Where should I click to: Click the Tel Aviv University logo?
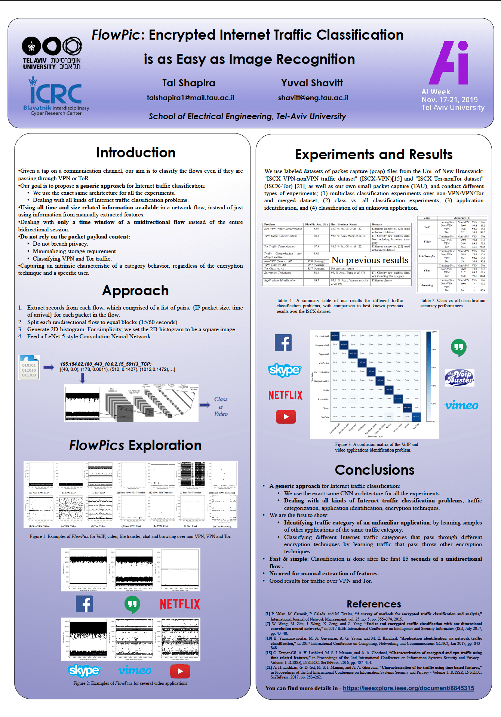[52, 53]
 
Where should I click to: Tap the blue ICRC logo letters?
[56, 93]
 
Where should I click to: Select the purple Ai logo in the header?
[449, 63]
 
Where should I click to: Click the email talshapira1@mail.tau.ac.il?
[190, 98]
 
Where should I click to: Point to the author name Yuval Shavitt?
[312, 83]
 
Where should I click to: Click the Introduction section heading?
[136, 153]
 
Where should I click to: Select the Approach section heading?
[135, 290]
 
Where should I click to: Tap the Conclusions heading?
[374, 470]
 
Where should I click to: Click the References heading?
[374, 604]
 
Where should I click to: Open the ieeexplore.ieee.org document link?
[408, 688]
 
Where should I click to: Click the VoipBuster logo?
[459, 378]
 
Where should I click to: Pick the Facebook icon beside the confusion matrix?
[283, 342]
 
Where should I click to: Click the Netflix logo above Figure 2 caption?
[180, 604]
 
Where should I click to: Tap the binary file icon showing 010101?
[29, 367]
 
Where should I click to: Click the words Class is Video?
[221, 407]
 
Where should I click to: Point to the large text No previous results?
[370, 260]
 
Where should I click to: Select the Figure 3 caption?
[376, 447]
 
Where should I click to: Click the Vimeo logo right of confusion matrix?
[461, 406]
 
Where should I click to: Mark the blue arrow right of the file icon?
[49, 367]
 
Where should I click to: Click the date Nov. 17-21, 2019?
[449, 100]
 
